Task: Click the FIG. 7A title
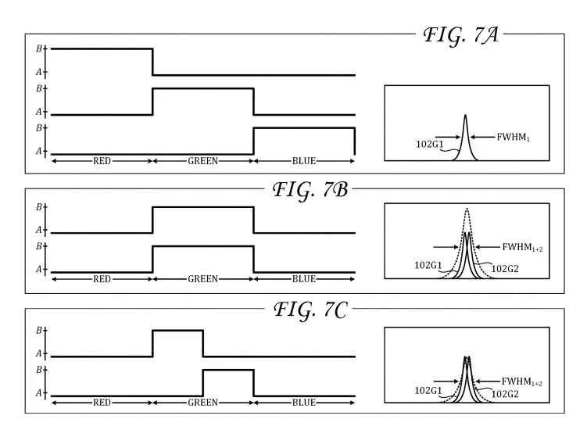[x=461, y=35]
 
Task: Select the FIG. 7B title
[x=310, y=189]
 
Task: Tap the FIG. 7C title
[x=311, y=310]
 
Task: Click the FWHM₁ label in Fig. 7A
[x=514, y=137]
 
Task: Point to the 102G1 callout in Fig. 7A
[x=429, y=144]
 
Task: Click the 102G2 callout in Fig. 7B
[x=505, y=269]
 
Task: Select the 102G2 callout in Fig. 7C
[x=505, y=394]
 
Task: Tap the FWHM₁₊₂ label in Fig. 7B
[x=522, y=247]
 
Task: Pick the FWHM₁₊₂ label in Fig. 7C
[x=522, y=381]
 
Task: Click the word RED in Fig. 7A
[x=102, y=161]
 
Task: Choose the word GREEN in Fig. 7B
[x=203, y=279]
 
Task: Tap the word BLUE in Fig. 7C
[x=304, y=403]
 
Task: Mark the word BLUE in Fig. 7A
[x=304, y=161]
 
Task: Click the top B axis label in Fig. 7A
[x=39, y=48]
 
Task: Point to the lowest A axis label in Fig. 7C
[x=39, y=393]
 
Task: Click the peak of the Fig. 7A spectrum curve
[x=465, y=115]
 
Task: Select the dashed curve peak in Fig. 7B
[x=467, y=209]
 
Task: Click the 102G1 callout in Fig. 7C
[x=428, y=391]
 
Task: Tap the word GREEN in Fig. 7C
[x=203, y=403]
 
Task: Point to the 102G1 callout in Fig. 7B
[x=428, y=266]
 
